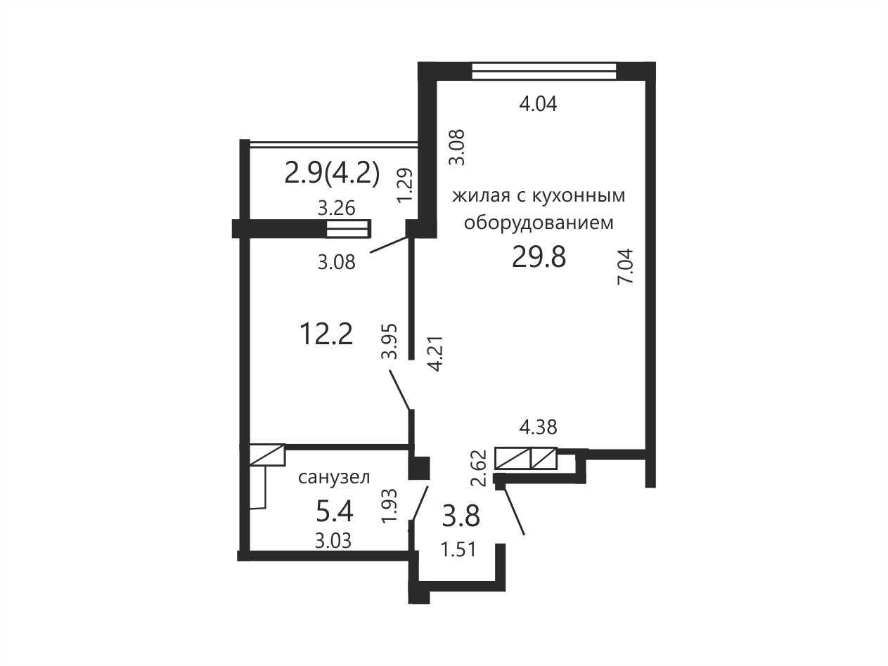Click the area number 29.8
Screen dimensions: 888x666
coord(539,257)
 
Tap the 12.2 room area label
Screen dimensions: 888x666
coord(326,334)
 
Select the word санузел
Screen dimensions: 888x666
coord(334,478)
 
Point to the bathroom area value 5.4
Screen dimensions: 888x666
coord(334,511)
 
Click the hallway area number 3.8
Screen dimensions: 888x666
coord(461,516)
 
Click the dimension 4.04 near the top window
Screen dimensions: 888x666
coord(538,104)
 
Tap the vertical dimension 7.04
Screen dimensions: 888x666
coord(625,267)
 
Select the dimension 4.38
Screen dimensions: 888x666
coord(538,427)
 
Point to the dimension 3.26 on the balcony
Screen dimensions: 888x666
coord(336,209)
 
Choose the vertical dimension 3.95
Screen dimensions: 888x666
coord(390,341)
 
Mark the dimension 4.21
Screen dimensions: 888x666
coord(437,353)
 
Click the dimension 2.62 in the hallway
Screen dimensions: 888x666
coord(478,469)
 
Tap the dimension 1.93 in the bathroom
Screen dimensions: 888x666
coord(390,506)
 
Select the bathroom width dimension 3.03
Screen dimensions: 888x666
coord(333,540)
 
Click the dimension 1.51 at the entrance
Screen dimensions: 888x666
coord(458,550)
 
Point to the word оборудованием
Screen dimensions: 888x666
coord(539,223)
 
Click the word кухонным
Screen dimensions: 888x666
coord(578,196)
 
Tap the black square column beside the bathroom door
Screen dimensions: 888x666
coord(419,469)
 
